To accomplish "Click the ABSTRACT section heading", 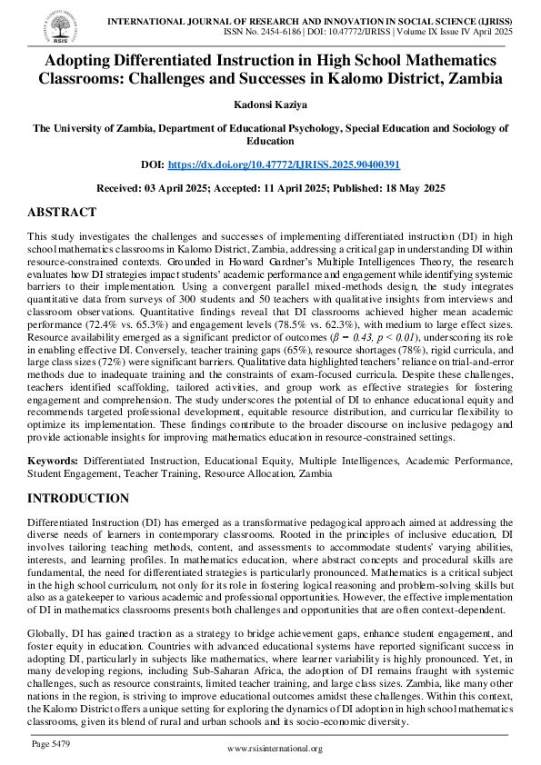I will pos(62,213).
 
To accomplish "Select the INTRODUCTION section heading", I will pos(78,499).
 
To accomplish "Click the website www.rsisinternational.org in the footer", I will pos(275,749).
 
